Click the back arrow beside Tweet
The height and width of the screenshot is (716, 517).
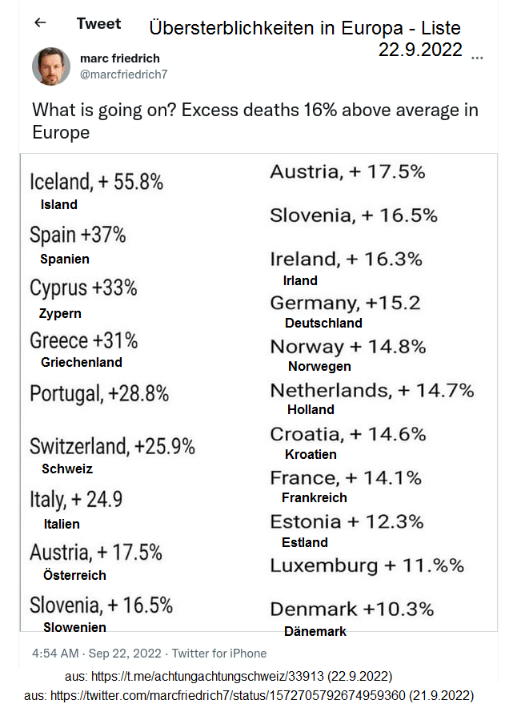40,23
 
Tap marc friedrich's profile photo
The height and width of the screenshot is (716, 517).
51,66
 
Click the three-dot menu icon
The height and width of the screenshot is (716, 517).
478,58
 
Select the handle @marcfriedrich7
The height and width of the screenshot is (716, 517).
123,74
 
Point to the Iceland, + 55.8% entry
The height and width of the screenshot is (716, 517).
96,182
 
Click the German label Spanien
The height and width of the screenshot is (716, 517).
65,259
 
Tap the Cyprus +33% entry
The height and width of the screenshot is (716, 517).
83,288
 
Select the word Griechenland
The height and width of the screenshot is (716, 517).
82,362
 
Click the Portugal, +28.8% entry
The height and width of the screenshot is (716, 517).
99,393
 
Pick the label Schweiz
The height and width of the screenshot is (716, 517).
67,469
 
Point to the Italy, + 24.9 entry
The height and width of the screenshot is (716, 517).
76,500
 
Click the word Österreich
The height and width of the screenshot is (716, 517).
74,575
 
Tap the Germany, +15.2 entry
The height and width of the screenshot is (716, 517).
345,304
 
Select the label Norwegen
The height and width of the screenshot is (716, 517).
319,366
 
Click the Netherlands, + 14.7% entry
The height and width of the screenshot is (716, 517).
372,391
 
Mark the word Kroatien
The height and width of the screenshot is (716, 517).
311,454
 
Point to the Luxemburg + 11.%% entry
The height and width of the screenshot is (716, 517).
367,565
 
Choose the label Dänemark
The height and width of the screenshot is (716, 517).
315,631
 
